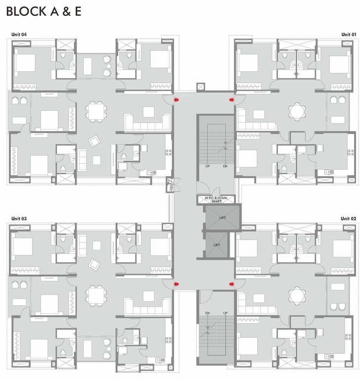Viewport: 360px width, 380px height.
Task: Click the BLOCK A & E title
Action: click(44, 12)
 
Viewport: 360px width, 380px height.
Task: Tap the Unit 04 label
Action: click(19, 34)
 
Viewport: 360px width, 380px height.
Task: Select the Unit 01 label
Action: click(348, 34)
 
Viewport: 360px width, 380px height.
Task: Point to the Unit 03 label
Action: click(19, 218)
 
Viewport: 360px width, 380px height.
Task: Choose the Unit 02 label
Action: click(348, 218)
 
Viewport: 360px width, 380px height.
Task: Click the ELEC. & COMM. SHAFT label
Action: click(216, 199)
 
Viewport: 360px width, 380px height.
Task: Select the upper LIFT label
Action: click(222, 217)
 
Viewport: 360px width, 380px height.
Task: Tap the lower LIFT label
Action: click(217, 245)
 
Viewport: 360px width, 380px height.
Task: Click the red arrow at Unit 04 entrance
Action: click(176, 100)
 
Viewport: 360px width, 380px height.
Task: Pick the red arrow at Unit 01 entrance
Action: click(231, 100)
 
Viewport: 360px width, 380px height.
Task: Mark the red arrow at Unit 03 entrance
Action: click(176, 284)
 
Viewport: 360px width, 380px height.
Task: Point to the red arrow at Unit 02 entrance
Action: click(231, 284)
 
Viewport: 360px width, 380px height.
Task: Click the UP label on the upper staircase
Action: click(208, 166)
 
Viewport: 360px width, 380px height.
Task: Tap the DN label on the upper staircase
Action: click(225, 166)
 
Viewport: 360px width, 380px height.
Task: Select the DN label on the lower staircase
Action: click(208, 313)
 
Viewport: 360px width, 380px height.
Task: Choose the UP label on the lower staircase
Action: click(225, 313)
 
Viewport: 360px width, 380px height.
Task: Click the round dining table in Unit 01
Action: click(298, 111)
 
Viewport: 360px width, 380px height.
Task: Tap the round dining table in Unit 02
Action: click(298, 296)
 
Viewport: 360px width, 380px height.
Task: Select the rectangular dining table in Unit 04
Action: click(95, 111)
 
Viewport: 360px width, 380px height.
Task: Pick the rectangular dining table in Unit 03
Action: click(95, 295)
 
